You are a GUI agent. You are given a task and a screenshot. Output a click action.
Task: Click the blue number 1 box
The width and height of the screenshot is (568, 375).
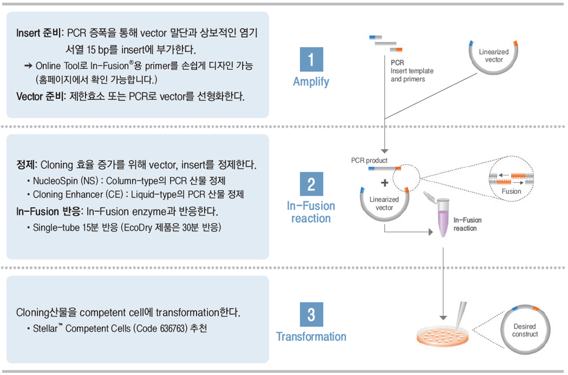coord(311,60)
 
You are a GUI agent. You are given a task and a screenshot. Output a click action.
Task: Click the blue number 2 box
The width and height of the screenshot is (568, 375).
coord(311,184)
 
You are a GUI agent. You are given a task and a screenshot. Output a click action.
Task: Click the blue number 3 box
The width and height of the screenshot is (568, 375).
coord(311,315)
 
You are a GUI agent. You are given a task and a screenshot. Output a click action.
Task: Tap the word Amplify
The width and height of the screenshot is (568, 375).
coord(311,82)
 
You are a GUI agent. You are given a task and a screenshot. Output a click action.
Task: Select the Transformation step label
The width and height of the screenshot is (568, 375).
coord(311,337)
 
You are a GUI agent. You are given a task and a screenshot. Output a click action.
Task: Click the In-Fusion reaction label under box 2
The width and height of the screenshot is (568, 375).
coord(311,212)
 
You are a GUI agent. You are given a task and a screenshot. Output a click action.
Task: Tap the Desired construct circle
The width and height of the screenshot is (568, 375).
coord(525,330)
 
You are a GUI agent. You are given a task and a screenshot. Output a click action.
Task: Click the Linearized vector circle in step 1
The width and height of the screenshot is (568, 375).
coord(494,56)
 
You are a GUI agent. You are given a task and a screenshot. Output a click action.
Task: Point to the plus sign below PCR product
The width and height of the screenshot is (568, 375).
coord(384,183)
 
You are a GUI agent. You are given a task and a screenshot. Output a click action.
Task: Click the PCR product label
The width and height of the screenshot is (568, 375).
coord(369,160)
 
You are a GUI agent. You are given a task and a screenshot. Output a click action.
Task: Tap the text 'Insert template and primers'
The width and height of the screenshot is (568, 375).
coord(412,75)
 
